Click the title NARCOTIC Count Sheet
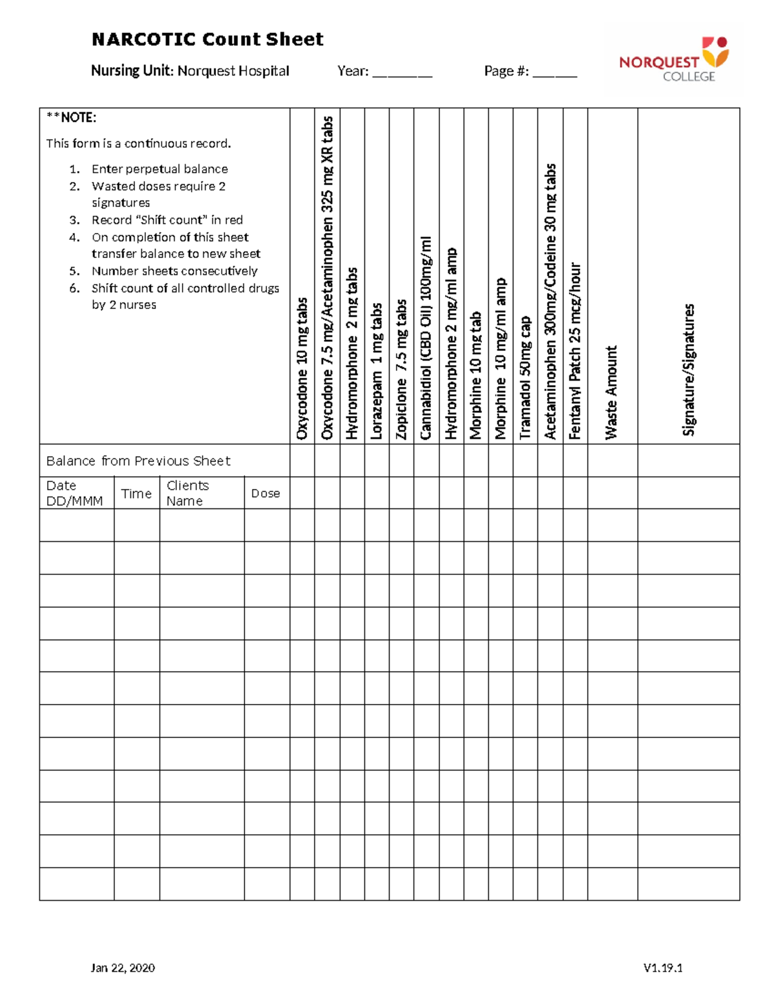pyautogui.click(x=207, y=39)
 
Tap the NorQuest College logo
pyautogui.click(x=673, y=59)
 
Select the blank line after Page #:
pyautogui.click(x=555, y=72)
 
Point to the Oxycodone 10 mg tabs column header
pyautogui.click(x=302, y=368)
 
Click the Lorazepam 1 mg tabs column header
pyautogui.click(x=377, y=371)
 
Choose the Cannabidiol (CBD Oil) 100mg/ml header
pyautogui.click(x=426, y=338)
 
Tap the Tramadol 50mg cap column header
pyautogui.click(x=526, y=377)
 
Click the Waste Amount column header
pyautogui.click(x=611, y=392)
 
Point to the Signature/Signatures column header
pyautogui.click(x=689, y=369)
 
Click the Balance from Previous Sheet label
pyautogui.click(x=138, y=461)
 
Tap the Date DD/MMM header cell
pyautogui.click(x=74, y=493)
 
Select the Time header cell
pyautogui.click(x=136, y=494)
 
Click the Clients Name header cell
pyautogui.click(x=188, y=493)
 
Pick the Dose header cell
pyautogui.click(x=266, y=493)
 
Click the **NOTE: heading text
pyautogui.click(x=72, y=117)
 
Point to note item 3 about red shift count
pyautogui.click(x=167, y=220)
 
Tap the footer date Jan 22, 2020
pyautogui.click(x=123, y=967)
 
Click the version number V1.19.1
pyautogui.click(x=662, y=967)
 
